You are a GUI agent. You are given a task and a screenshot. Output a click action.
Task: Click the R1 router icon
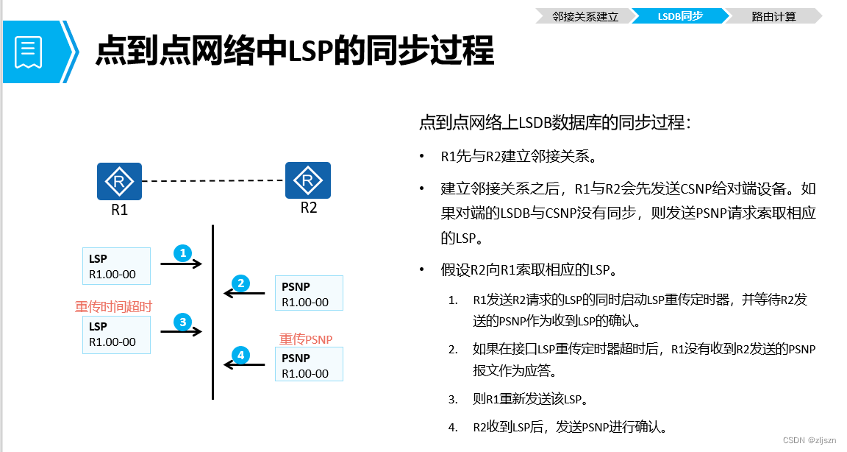coord(119,182)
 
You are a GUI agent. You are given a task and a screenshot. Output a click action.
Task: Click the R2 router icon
coord(307,180)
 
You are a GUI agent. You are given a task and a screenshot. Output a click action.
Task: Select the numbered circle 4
coord(240,356)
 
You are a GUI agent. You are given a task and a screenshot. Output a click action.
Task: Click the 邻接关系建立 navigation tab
coord(585,15)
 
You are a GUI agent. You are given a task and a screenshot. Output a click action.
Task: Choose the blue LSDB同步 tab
coord(680,15)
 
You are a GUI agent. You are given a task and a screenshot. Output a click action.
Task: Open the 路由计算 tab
coord(773,15)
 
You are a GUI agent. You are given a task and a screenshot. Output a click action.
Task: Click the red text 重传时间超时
coord(113,306)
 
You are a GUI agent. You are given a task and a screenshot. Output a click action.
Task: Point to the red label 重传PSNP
coord(306,339)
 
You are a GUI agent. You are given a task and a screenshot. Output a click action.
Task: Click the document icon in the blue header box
coord(29,52)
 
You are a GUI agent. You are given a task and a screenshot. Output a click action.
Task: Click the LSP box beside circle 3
coord(116,334)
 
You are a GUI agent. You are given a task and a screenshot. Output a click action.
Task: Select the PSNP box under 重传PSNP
coord(310,365)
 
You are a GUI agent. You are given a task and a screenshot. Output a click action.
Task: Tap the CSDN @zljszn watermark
coord(810,440)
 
